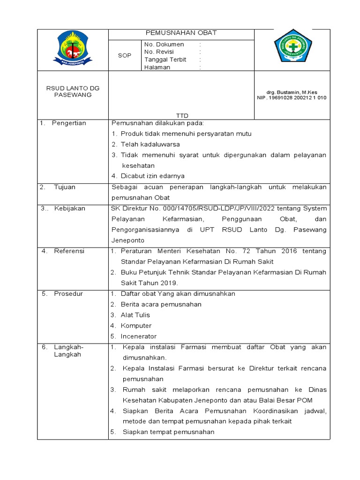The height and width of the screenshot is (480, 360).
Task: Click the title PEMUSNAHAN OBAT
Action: (181, 33)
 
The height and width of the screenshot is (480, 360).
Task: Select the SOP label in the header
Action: (124, 55)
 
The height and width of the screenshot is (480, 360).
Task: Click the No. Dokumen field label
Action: (164, 45)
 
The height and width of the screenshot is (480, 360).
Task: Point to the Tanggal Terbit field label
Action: (165, 60)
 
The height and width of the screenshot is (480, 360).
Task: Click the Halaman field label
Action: (157, 67)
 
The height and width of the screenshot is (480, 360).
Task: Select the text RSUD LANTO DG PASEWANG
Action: (73, 91)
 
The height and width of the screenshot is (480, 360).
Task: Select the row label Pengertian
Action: (69, 123)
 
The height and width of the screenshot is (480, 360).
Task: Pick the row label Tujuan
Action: (64, 187)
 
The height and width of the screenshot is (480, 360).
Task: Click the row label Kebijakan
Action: (69, 209)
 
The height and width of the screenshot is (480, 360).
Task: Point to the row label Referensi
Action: (69, 251)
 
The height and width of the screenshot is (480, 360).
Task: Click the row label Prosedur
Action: (68, 294)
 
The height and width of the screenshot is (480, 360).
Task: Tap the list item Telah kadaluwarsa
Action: (150, 144)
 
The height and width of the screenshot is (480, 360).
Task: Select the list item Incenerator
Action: (139, 337)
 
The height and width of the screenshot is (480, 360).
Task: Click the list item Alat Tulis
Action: (135, 315)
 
